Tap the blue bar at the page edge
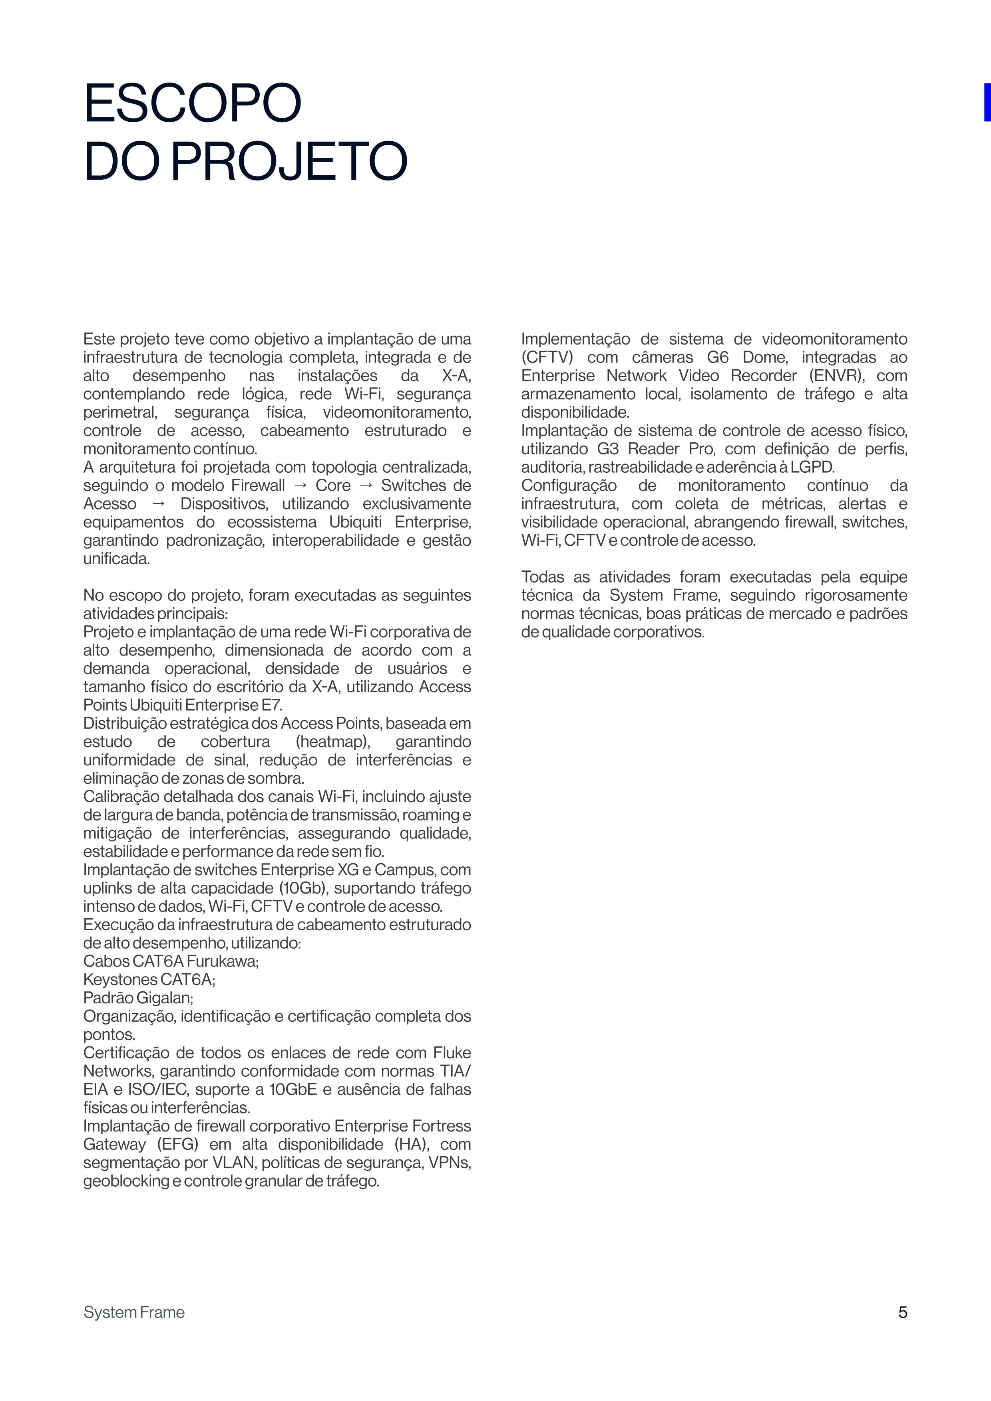click(x=986, y=102)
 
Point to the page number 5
click(x=902, y=1312)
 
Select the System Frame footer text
click(x=134, y=1312)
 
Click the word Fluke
click(x=452, y=1052)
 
